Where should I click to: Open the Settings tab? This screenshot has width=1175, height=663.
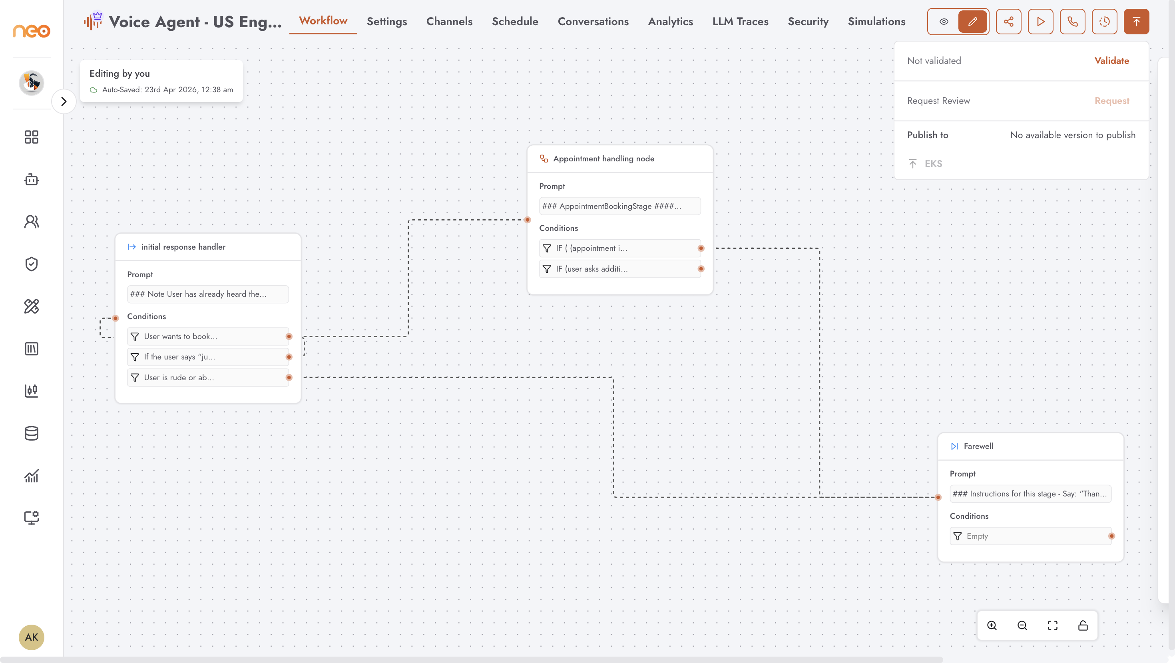tap(386, 22)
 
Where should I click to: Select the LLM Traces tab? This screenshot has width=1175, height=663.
tap(740, 22)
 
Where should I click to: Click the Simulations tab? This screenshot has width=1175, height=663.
tap(876, 22)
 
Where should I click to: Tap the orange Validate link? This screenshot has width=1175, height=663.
tap(1111, 61)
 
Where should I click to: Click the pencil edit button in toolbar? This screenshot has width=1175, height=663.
tap(972, 22)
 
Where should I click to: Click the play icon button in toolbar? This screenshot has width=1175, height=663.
tap(1040, 22)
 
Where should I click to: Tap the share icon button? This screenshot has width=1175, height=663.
tap(1008, 22)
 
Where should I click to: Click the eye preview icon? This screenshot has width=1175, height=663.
tap(944, 22)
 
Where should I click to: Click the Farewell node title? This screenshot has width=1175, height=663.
tap(978, 447)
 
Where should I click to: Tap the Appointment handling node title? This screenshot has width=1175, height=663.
tap(603, 159)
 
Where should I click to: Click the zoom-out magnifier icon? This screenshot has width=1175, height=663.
tap(1022, 625)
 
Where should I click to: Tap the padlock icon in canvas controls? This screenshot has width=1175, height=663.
tap(1083, 625)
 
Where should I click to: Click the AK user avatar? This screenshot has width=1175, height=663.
tap(32, 637)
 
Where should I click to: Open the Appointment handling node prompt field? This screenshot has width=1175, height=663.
tap(620, 206)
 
